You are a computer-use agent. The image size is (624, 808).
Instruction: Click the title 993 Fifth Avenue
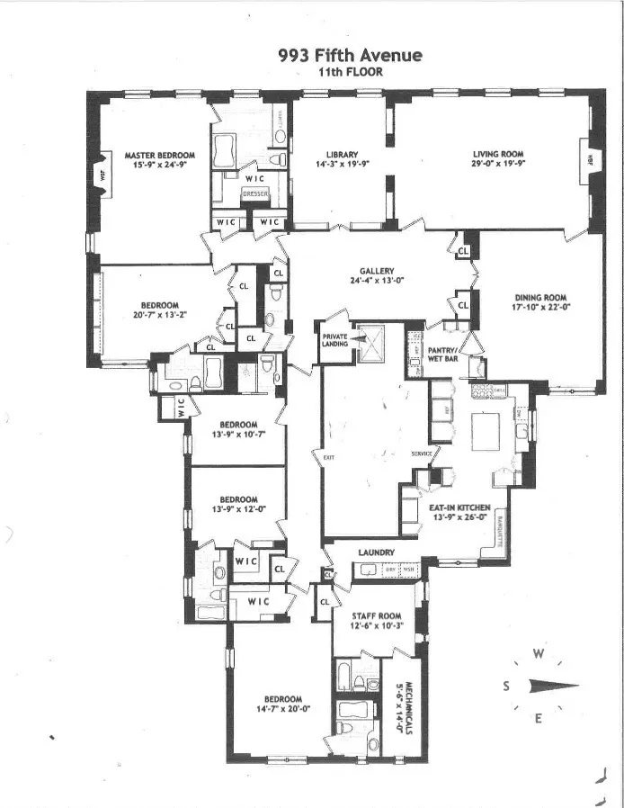click(351, 56)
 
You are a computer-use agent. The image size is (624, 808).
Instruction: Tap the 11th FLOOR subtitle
click(351, 72)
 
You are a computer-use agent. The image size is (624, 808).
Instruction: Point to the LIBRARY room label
click(342, 154)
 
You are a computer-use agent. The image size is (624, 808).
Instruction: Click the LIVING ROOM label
click(498, 154)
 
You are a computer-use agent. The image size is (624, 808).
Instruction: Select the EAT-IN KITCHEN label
click(459, 507)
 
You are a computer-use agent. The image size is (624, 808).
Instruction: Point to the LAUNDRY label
click(376, 552)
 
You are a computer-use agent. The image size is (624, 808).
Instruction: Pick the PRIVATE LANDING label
click(335, 339)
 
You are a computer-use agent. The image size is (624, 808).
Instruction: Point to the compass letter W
click(538, 653)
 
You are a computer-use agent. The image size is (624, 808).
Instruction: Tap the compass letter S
click(507, 687)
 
